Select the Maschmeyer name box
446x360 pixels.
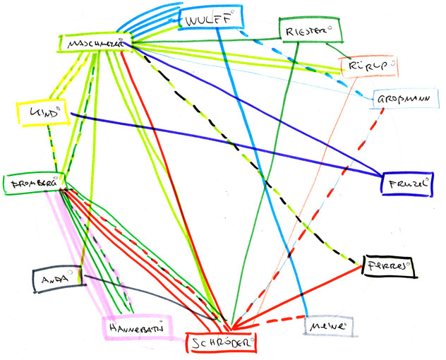[x=95, y=44]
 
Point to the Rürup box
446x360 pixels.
[x=368, y=67]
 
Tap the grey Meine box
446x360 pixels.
[x=328, y=327]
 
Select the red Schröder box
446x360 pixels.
[x=219, y=342]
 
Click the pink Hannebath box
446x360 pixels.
[x=138, y=327]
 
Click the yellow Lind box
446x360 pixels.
[x=40, y=112]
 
